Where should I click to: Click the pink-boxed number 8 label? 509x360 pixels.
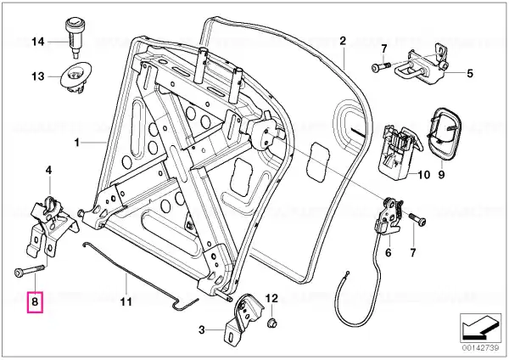pyautogui.click(x=34, y=301)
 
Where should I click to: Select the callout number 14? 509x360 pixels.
pyautogui.click(x=37, y=41)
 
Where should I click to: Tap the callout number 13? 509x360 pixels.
pyautogui.click(x=37, y=76)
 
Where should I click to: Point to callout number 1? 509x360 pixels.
pyautogui.click(x=76, y=143)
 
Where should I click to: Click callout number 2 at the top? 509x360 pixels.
pyautogui.click(x=343, y=41)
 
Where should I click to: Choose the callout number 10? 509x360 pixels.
pyautogui.click(x=414, y=177)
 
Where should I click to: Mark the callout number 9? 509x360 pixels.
pyautogui.click(x=441, y=177)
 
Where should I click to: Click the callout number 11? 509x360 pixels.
pyautogui.click(x=126, y=301)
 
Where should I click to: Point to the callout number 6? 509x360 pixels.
pyautogui.click(x=389, y=252)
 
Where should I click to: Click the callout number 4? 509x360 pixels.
pyautogui.click(x=48, y=171)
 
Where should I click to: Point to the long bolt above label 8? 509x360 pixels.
pyautogui.click(x=25, y=273)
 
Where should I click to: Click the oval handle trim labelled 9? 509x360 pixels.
pyautogui.click(x=443, y=131)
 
